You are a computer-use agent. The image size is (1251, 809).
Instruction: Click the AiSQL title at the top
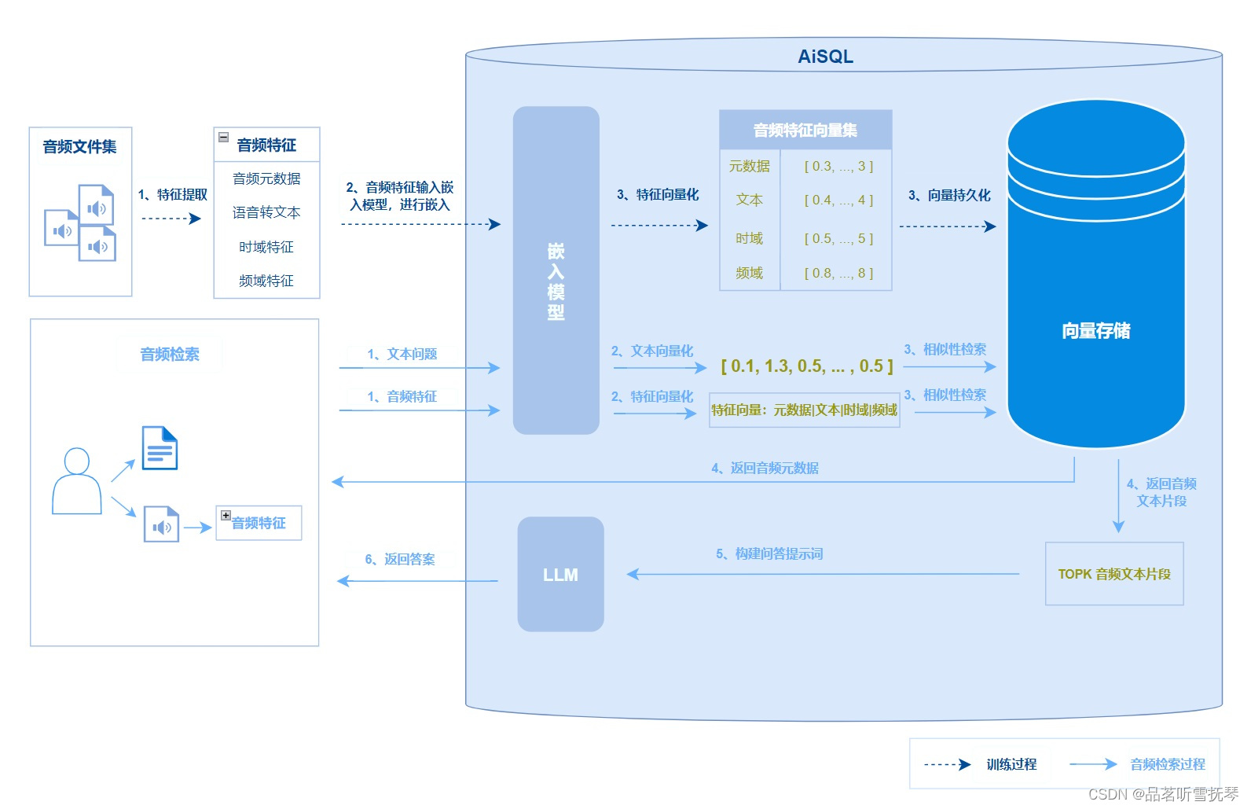click(x=825, y=57)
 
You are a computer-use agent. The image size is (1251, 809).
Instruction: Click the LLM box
click(x=560, y=575)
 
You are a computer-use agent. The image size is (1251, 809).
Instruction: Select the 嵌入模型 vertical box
click(x=556, y=270)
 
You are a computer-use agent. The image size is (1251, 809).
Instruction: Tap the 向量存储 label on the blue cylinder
click(x=1095, y=331)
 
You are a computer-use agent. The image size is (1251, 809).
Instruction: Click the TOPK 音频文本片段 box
click(x=1114, y=574)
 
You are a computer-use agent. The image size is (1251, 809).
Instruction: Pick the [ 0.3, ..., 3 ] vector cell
click(x=838, y=167)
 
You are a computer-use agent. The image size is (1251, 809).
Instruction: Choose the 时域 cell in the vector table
click(x=749, y=238)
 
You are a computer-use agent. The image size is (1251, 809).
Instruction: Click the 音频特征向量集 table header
click(x=805, y=131)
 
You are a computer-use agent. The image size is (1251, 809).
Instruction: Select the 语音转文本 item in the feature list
click(x=266, y=212)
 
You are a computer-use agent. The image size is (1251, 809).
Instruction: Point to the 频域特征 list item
click(x=266, y=281)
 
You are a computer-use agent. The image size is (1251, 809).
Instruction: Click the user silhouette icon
click(x=76, y=481)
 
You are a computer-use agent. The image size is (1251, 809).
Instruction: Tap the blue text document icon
click(x=160, y=448)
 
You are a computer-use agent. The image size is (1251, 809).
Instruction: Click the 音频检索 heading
click(x=170, y=355)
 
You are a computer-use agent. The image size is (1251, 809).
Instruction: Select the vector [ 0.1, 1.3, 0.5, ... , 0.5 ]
click(x=807, y=366)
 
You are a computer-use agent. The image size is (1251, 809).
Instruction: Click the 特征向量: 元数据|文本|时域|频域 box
click(x=804, y=410)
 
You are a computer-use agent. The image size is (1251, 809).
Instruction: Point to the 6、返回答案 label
click(x=400, y=559)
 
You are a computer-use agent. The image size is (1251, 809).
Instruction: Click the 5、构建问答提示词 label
click(x=769, y=554)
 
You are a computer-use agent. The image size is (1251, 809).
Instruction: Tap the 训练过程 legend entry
click(x=1011, y=764)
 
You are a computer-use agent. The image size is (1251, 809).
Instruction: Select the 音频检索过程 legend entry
click(x=1167, y=764)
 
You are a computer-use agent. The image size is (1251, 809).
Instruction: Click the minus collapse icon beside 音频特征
click(x=223, y=137)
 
